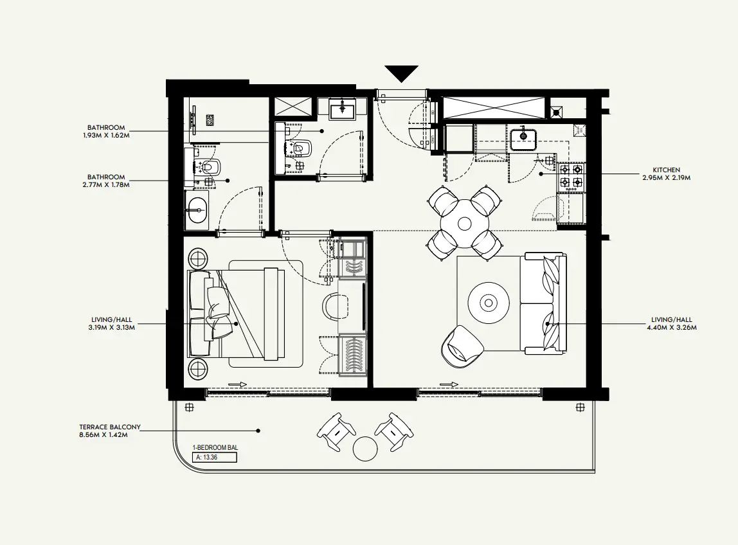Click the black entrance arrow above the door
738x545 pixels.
coord(402,73)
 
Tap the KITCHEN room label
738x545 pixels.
coord(665,170)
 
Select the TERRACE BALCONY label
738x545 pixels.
coord(110,427)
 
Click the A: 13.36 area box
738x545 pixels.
coord(215,458)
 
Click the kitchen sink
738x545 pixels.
coord(525,136)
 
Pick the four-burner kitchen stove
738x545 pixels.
coord(571,177)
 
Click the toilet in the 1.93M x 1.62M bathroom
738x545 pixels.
coord(302,148)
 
